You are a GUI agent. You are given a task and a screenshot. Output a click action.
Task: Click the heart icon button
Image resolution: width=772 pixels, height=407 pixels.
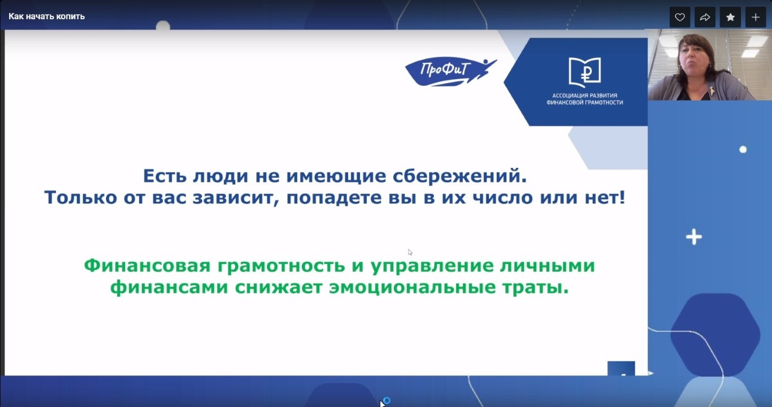(680, 17)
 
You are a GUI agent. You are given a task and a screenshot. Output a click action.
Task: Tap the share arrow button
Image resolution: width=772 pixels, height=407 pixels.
(705, 17)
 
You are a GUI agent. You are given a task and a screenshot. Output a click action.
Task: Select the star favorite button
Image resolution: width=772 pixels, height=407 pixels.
(730, 17)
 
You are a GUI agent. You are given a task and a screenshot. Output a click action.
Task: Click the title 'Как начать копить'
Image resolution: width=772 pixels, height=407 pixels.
(46, 16)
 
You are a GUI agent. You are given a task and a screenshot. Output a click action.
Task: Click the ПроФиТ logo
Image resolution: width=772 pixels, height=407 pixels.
(450, 71)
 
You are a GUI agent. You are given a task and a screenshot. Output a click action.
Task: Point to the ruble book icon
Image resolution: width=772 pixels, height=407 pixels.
(584, 72)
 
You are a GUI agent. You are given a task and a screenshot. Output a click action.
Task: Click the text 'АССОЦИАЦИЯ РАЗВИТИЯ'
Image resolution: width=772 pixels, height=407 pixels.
(584, 96)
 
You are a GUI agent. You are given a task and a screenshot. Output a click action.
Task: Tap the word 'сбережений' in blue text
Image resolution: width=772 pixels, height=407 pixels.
(460, 176)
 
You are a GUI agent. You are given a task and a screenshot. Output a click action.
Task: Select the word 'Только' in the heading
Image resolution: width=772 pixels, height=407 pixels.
(81, 197)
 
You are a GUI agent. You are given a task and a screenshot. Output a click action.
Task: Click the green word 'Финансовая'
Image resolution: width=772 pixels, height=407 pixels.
(147, 265)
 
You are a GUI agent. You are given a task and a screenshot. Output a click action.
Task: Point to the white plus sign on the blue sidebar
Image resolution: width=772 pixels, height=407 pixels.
(694, 237)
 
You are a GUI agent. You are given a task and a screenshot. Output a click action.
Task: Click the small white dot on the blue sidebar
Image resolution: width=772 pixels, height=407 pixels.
(743, 150)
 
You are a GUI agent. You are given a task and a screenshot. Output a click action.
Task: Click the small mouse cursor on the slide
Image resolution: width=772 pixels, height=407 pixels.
(410, 252)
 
